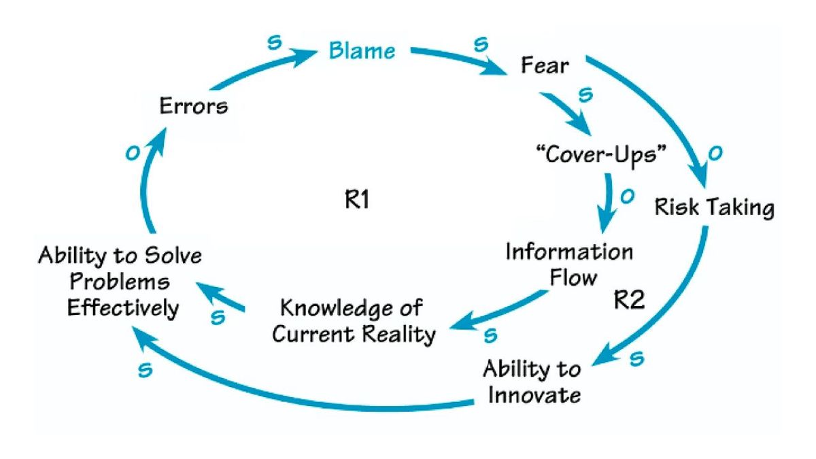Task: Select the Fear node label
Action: (545, 66)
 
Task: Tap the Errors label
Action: (194, 107)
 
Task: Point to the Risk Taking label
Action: (714, 207)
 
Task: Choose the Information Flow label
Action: (569, 265)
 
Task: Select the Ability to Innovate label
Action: (532, 381)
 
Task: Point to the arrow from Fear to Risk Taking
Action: (663, 109)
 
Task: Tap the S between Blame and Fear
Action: (481, 45)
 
